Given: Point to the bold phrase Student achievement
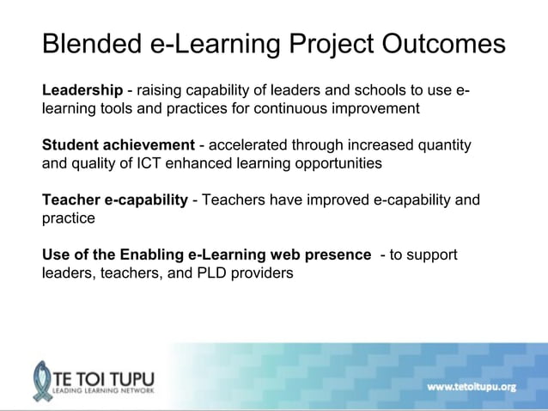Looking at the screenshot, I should point(119,144).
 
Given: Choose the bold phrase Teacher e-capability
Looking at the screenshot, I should point(115,200).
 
